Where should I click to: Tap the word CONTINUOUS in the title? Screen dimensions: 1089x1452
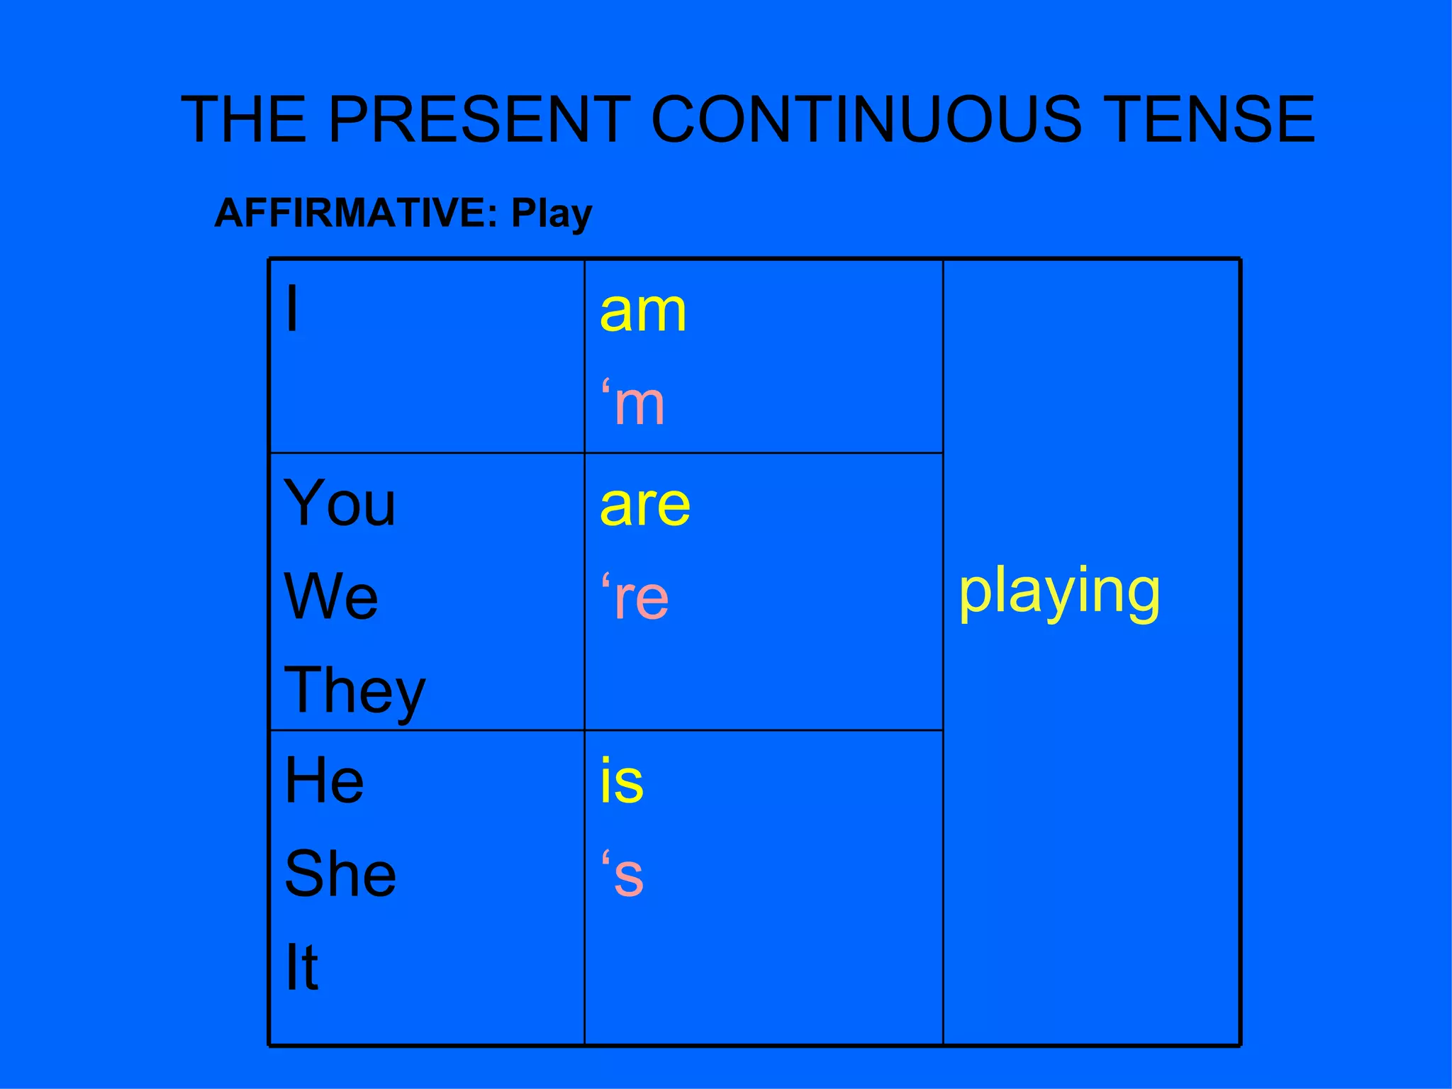pyautogui.click(x=866, y=119)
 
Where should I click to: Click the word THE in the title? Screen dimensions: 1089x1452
pyautogui.click(x=245, y=119)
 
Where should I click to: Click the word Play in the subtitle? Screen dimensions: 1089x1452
pyautogui.click(x=552, y=215)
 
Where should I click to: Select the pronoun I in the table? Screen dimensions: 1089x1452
pyautogui.click(x=291, y=309)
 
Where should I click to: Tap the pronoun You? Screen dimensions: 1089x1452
pyautogui.click(x=340, y=503)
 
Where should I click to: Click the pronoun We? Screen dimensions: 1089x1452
pyautogui.click(x=331, y=597)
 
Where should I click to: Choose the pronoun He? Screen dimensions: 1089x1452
pyautogui.click(x=324, y=781)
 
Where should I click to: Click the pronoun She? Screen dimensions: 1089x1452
pyautogui.click(x=340, y=874)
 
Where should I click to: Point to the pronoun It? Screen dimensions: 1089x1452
pyautogui.click(x=301, y=967)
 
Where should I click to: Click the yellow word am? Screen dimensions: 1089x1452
pyautogui.click(x=643, y=312)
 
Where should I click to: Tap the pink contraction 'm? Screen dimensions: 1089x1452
pyautogui.click(x=633, y=404)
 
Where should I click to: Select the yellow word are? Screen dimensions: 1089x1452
pyautogui.click(x=645, y=506)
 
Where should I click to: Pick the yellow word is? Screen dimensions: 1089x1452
pyautogui.click(x=622, y=781)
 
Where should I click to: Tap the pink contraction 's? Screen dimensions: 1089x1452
pyautogui.click(x=623, y=875)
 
